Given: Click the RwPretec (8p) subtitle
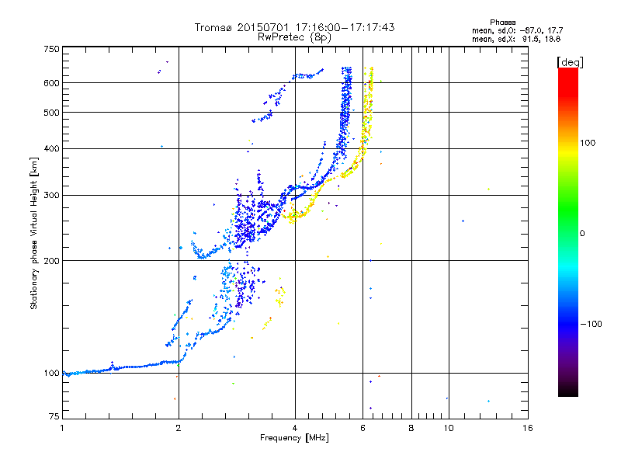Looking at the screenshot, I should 295,37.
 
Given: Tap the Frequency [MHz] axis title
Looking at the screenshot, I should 294,438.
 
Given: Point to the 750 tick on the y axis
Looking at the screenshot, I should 52,48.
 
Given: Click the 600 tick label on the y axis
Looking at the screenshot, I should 52,82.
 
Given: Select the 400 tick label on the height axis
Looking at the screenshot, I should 52,148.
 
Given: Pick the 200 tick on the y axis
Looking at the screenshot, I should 52,260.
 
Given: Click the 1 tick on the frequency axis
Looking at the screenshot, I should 62,427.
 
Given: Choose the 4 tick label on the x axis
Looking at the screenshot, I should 295,427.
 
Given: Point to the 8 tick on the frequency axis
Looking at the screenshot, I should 411,427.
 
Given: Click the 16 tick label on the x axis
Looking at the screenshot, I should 527,427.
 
